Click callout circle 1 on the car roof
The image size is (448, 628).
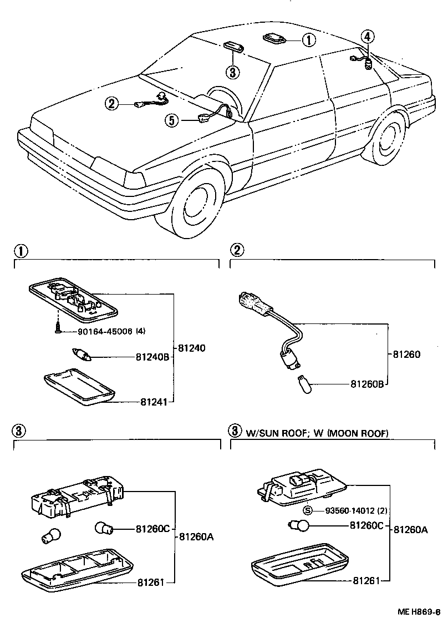[x=308, y=39]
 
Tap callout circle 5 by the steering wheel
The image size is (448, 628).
[x=172, y=120]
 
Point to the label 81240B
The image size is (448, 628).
[x=151, y=358]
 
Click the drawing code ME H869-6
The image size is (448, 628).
[x=419, y=612]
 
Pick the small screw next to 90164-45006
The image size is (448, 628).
[x=57, y=328]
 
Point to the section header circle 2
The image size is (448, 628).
[x=237, y=250]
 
